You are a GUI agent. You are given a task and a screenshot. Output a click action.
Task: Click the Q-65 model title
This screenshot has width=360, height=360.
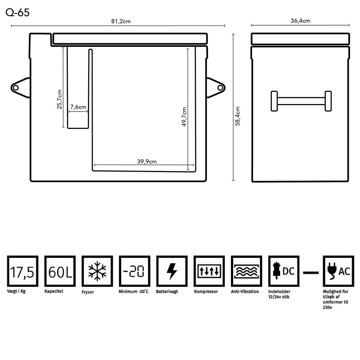tap(17, 12)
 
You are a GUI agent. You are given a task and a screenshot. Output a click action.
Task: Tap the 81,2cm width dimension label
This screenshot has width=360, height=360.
tap(121, 21)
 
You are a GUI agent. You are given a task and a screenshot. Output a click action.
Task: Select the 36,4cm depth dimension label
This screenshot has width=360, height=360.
tap(300, 21)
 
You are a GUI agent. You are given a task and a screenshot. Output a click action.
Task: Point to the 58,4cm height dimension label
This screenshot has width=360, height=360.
tap(238, 116)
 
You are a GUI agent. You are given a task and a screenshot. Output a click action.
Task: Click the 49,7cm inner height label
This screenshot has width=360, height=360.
tap(184, 117)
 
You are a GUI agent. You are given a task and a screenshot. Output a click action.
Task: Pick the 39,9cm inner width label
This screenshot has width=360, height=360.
tap(147, 162)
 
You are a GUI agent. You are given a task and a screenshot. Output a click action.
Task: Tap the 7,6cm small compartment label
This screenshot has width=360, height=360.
tap(78, 107)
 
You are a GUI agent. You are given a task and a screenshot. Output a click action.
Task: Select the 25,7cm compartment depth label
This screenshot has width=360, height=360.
tap(59, 99)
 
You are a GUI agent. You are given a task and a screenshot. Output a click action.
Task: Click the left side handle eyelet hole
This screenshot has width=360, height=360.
tap(15, 88)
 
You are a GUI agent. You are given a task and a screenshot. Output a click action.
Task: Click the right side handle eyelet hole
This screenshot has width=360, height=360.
tap(220, 88)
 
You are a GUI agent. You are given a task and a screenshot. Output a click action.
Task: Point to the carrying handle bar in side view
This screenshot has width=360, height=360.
tap(301, 101)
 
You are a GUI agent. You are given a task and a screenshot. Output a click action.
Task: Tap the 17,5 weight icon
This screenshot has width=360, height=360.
tap(22, 271)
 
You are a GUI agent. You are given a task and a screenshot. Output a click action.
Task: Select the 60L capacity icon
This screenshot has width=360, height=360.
tap(60, 271)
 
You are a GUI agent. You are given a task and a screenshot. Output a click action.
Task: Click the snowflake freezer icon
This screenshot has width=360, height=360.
tap(97, 271)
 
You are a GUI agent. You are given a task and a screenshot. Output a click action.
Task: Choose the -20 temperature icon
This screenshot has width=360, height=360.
tap(135, 271)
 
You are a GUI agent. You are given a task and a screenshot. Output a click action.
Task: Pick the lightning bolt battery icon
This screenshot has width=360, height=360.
tap(172, 271)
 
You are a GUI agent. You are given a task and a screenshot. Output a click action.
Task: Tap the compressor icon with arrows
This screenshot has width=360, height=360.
tap(209, 271)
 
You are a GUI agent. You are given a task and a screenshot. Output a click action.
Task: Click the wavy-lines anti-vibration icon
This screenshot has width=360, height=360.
tap(246, 271)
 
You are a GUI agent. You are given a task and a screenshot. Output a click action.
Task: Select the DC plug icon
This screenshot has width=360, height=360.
tap(284, 271)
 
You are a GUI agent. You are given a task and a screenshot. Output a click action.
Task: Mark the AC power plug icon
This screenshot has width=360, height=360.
tap(338, 271)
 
